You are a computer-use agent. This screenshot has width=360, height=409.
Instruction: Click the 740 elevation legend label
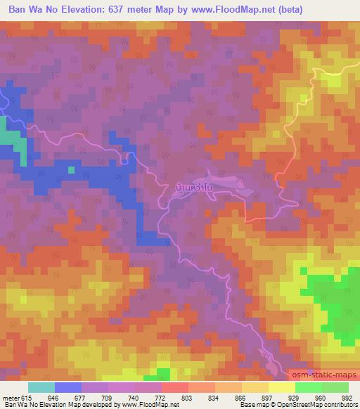coord(120,398)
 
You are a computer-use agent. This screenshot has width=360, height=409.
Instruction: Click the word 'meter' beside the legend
coord(13,398)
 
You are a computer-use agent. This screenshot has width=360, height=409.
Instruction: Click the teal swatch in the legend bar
coord(41,387)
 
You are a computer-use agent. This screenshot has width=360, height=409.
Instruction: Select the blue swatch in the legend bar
coord(68,387)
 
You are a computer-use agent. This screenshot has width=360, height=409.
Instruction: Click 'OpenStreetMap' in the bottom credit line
coord(322,405)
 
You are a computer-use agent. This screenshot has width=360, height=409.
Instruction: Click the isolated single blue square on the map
coord(70,169)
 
